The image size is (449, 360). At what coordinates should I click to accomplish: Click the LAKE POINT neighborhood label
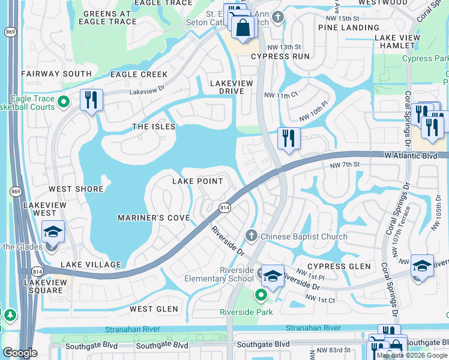point(197,181)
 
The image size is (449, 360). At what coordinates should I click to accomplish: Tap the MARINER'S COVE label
point(154,217)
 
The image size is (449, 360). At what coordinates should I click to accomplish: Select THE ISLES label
point(154,127)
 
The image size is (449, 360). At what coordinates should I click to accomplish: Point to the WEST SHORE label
point(76,189)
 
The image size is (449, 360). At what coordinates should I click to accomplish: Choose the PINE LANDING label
point(349,28)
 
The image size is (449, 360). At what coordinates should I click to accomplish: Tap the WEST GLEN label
point(154,309)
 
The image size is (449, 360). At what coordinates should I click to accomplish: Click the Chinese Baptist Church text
point(304,236)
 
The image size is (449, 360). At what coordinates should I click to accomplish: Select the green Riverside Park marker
point(261,295)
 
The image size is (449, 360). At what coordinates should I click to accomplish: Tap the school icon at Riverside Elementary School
point(273,276)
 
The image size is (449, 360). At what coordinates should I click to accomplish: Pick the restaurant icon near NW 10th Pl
point(289,138)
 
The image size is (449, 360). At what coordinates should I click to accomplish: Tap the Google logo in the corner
point(20,353)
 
